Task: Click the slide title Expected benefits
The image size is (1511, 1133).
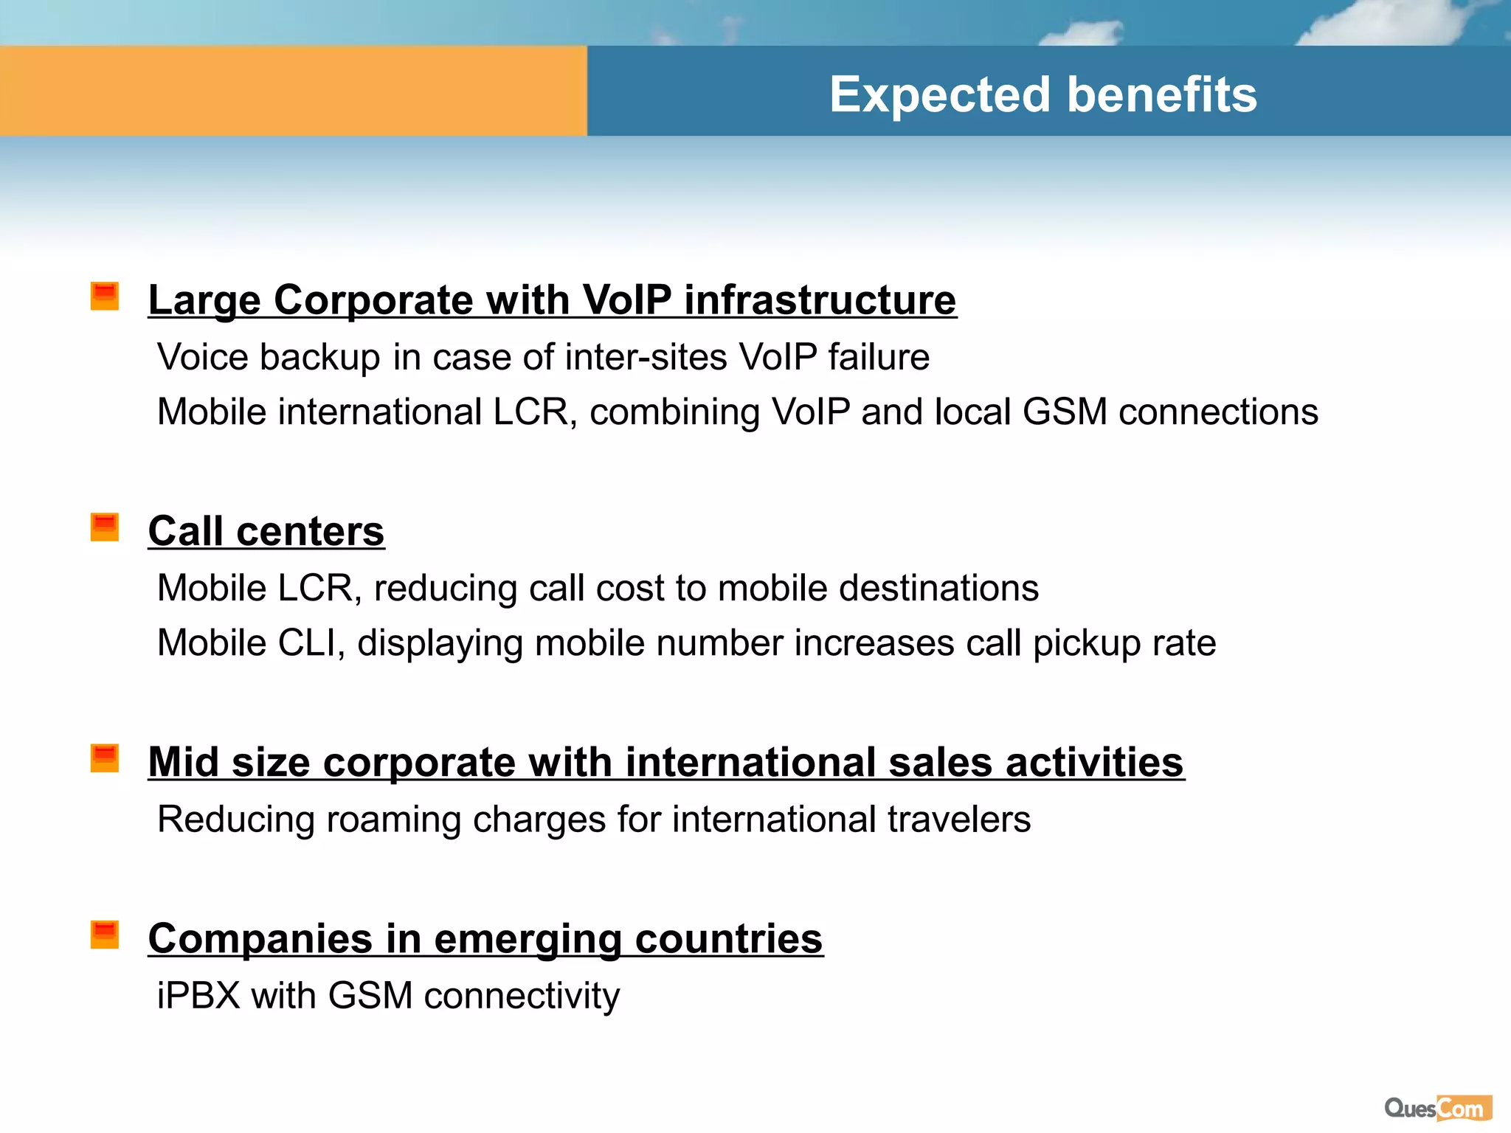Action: point(1043,94)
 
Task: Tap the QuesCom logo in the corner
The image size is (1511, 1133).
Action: point(1437,1108)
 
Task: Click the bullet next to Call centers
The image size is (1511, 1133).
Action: point(105,527)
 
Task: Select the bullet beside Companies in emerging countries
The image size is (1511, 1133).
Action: point(105,934)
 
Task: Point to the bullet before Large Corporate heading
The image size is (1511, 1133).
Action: point(105,296)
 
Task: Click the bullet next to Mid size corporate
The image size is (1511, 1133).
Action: point(105,758)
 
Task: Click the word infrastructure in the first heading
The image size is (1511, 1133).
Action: point(820,300)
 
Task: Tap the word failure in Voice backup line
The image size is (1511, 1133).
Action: point(878,357)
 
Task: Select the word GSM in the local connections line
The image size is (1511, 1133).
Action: point(1065,412)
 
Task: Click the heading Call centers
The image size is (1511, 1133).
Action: point(266,531)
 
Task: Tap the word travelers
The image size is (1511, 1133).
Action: point(958,820)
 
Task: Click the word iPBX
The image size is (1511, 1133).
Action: point(198,996)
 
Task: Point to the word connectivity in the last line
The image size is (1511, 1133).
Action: point(522,996)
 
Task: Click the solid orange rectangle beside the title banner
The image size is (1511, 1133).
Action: point(293,91)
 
